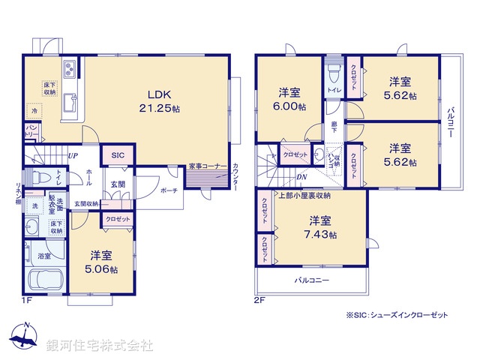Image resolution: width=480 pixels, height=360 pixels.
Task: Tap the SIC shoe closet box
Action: [118, 154]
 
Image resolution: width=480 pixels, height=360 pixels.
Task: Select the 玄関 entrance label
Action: [118, 184]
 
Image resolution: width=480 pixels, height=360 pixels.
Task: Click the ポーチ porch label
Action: [169, 190]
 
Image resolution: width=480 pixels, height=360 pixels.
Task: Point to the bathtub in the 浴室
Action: [45, 281]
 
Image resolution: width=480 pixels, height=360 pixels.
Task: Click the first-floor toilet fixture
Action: [41, 178]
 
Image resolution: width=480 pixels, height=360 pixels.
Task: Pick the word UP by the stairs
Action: [73, 156]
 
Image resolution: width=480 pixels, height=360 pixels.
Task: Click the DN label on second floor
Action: [301, 177]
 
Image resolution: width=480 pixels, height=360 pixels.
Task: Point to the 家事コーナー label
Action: [204, 166]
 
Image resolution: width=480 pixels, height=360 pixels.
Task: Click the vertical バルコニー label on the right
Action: [451, 122]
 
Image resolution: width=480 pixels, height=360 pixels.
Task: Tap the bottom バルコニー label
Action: [310, 280]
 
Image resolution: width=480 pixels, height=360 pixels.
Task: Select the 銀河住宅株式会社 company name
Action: [99, 346]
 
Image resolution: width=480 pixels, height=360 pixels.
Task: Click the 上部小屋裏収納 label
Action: [303, 195]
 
